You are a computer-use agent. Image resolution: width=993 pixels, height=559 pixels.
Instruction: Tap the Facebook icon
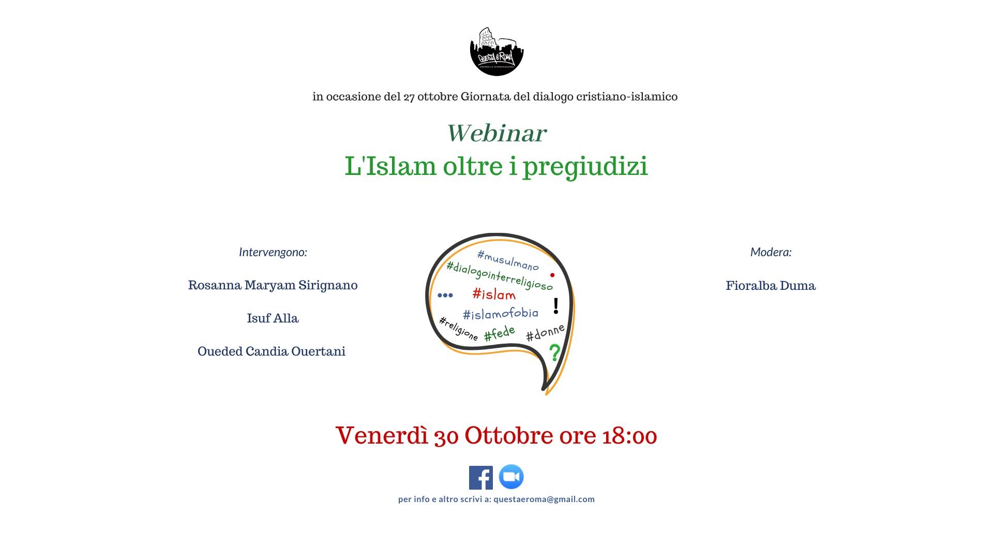[x=480, y=477]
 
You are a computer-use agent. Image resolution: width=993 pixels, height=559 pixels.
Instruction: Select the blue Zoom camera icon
[x=511, y=477]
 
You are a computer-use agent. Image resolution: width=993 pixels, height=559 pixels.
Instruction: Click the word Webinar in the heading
[x=496, y=133]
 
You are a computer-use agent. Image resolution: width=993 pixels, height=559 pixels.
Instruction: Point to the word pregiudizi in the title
[x=585, y=167]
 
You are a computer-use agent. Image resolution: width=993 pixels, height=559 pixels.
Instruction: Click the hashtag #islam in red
[x=494, y=295]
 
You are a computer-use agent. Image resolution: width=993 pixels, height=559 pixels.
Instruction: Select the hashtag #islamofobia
[x=500, y=314]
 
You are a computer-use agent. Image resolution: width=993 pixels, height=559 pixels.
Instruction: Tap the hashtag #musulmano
[x=508, y=260]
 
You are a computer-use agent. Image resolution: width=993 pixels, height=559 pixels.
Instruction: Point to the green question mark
[x=554, y=352]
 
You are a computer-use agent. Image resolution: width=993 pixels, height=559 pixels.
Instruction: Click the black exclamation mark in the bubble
[x=556, y=306]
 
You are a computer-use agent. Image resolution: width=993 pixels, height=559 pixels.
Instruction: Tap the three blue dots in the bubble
[x=445, y=296]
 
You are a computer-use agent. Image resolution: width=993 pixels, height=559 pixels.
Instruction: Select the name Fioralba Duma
[x=771, y=286]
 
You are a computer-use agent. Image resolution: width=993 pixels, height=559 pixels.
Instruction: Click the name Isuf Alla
[x=273, y=318]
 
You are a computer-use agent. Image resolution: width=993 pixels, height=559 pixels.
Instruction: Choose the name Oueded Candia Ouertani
[x=272, y=351]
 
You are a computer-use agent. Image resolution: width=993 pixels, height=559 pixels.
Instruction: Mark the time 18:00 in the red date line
[x=629, y=436]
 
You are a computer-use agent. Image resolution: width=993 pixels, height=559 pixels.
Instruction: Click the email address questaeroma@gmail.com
[x=544, y=499]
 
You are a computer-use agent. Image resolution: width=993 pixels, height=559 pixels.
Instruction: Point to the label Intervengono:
[x=273, y=253]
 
